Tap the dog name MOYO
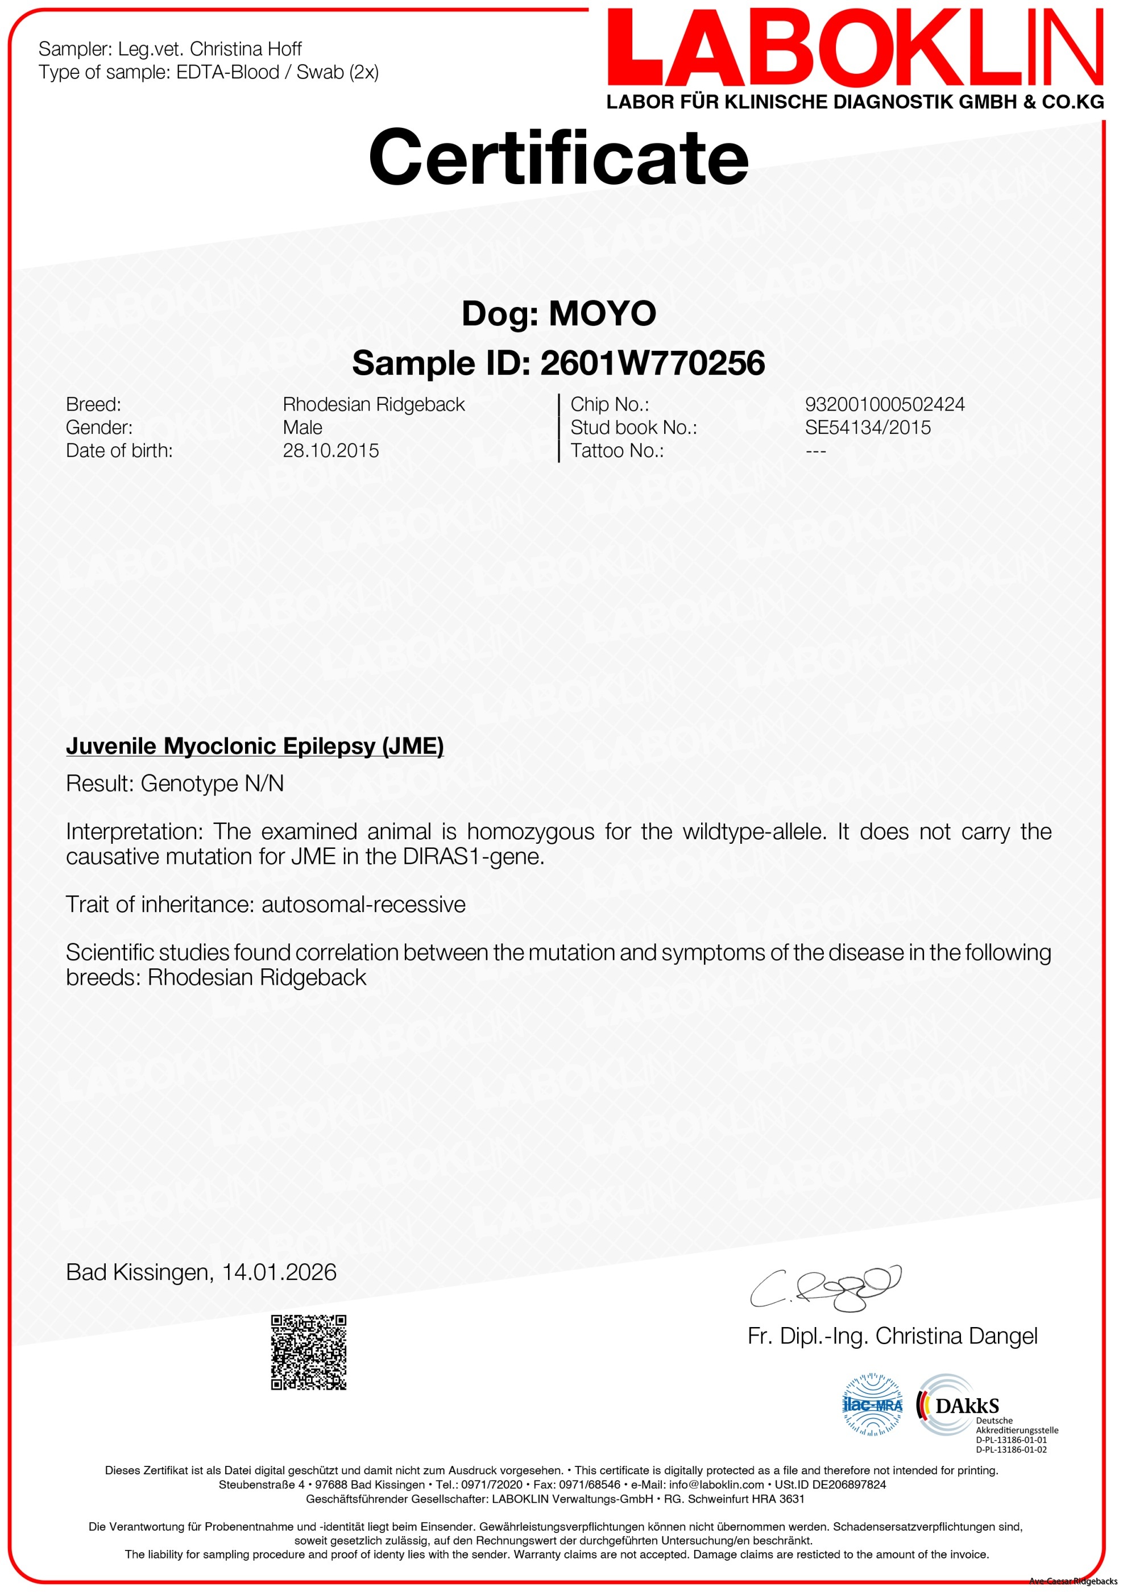[x=602, y=313]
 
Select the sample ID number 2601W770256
[x=652, y=363]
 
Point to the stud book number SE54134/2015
[x=867, y=427]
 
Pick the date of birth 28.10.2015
[x=331, y=451]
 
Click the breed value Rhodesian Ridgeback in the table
[x=374, y=404]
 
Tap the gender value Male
[x=302, y=427]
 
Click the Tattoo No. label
[x=616, y=451]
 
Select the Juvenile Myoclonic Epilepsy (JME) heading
[x=254, y=746]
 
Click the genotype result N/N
[x=264, y=783]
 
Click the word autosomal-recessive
[x=363, y=905]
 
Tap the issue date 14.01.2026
[x=279, y=1272]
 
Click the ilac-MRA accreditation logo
[x=872, y=1406]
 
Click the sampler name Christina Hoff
[x=246, y=49]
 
